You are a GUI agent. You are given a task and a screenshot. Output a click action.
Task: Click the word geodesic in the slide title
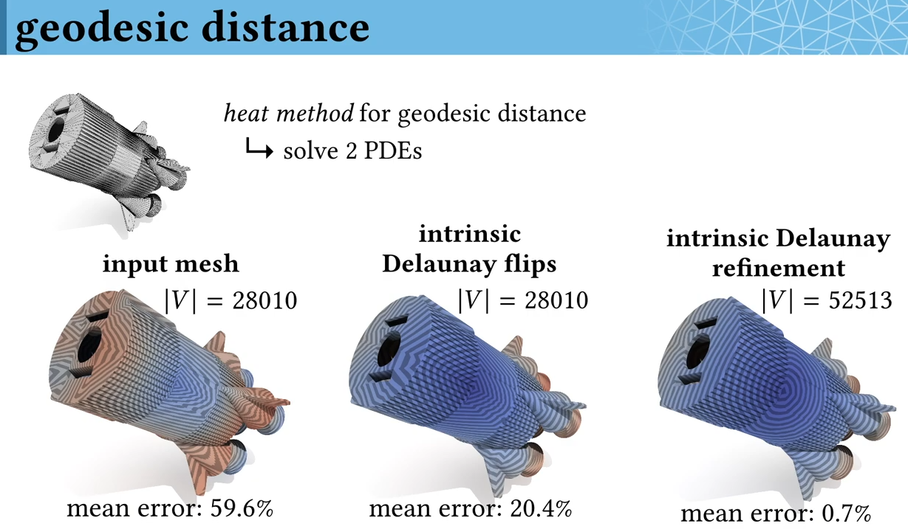[x=102, y=28]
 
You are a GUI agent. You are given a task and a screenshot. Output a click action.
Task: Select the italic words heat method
[x=289, y=113]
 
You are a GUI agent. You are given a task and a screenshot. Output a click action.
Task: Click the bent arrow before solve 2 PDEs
[x=259, y=148]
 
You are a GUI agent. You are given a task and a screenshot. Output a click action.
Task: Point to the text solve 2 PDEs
[x=352, y=151]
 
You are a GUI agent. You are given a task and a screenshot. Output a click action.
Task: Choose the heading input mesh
[x=171, y=264]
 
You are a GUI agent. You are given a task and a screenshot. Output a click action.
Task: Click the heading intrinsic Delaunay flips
[x=469, y=249]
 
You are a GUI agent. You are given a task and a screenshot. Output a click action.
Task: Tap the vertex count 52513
[x=860, y=301]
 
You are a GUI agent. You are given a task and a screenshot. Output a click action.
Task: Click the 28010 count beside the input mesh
[x=264, y=301]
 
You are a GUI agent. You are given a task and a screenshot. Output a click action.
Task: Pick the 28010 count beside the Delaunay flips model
[x=556, y=301]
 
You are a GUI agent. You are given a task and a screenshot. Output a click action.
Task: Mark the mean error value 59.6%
[x=242, y=508]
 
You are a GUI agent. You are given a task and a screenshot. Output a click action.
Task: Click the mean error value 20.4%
[x=541, y=509]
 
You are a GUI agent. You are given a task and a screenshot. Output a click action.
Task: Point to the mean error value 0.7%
[x=846, y=514]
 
